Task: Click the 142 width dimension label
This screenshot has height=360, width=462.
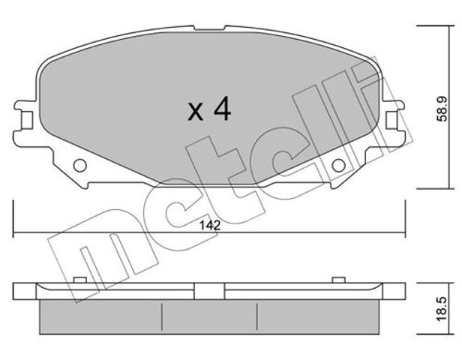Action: (x=210, y=225)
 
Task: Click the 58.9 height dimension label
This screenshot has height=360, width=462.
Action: (x=442, y=109)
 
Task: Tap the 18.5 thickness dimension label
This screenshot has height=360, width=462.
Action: (x=442, y=309)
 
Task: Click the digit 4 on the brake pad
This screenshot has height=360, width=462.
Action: (x=223, y=109)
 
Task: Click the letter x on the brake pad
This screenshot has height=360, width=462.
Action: (x=195, y=112)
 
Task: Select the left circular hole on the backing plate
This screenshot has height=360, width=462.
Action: (x=79, y=166)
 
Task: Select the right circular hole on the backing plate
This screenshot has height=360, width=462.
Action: (x=338, y=166)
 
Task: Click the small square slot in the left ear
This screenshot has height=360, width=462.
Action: (x=27, y=120)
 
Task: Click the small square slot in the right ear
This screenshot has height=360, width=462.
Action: (x=392, y=120)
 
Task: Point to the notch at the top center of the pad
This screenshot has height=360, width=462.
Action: (x=210, y=28)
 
